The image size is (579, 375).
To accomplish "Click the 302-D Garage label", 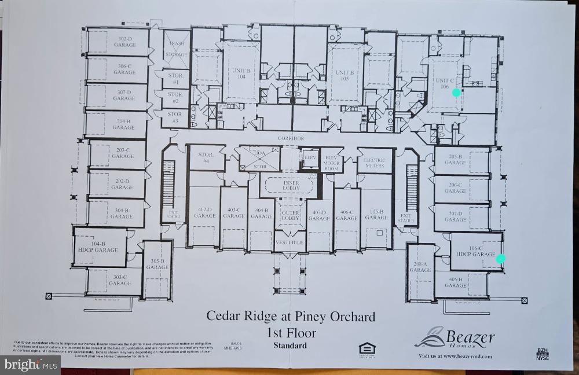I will click(x=124, y=41).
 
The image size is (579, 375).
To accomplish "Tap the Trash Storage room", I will click(x=177, y=48).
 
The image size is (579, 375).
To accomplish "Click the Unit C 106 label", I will click(x=444, y=83).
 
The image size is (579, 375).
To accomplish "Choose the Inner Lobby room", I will click(x=291, y=186).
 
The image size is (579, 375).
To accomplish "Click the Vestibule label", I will click(x=289, y=242).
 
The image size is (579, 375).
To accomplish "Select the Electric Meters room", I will click(x=375, y=163).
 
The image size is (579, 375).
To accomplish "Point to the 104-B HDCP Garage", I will click(x=98, y=247).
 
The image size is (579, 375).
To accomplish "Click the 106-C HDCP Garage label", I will click(x=475, y=251).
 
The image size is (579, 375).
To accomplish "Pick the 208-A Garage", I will click(x=420, y=267).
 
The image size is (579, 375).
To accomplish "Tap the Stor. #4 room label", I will click(x=207, y=158).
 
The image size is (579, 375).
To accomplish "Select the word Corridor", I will click(x=291, y=139).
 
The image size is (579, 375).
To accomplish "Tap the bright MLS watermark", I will click(x=31, y=365).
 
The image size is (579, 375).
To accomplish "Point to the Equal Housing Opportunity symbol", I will click(x=367, y=348).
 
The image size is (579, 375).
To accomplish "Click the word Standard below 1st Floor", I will click(x=290, y=346).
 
